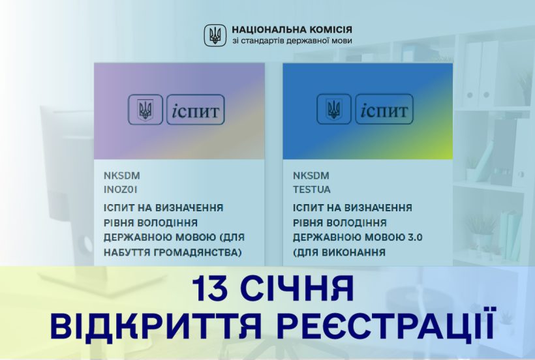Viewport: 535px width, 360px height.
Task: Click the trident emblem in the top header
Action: point(215,35)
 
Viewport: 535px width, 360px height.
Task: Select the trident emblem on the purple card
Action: point(145,110)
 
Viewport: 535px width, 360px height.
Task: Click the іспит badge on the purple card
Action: point(196,110)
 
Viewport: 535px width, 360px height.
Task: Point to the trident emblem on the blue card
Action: point(334,109)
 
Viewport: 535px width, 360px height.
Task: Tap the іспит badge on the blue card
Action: point(384,109)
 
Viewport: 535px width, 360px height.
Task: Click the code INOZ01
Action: point(121,190)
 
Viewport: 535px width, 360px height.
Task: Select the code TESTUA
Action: point(311,190)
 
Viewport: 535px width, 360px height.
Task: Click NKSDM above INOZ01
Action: point(122,176)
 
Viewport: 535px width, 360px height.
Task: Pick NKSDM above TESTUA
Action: point(311,176)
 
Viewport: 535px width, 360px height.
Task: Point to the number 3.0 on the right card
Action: point(415,237)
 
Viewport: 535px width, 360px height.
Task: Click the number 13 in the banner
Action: point(209,288)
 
